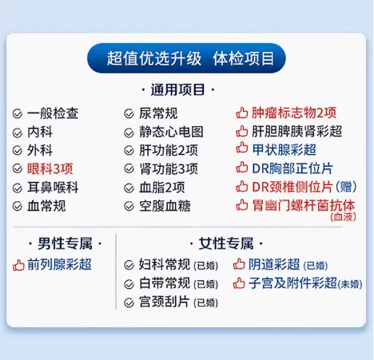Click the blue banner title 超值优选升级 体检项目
click(190, 58)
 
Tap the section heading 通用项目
click(177, 89)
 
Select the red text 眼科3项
click(50, 168)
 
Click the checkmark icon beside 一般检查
click(18, 114)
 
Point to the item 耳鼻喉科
click(53, 188)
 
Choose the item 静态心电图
click(171, 132)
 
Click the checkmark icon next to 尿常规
click(129, 114)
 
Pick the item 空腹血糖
click(165, 206)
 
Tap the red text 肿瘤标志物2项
click(294, 113)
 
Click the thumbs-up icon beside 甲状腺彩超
click(242, 148)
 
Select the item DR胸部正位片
click(292, 168)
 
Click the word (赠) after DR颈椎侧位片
click(346, 187)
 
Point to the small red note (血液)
click(343, 217)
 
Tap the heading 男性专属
click(65, 243)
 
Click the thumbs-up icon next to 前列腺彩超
click(18, 265)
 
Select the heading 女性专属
click(226, 243)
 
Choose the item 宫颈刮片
click(165, 302)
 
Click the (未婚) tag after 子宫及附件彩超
click(350, 284)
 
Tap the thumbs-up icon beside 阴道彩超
click(239, 264)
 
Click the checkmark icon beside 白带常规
click(129, 284)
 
